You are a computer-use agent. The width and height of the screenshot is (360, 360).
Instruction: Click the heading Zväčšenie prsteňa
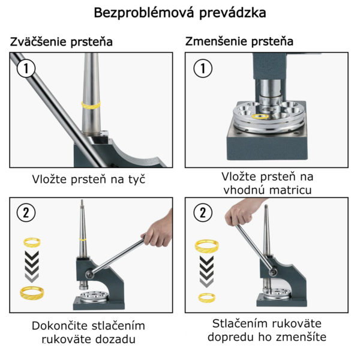pos(61,42)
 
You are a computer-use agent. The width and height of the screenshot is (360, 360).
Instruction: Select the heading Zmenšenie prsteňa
pos(239,41)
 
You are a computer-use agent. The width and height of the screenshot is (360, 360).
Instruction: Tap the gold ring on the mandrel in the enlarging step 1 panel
pos(91,105)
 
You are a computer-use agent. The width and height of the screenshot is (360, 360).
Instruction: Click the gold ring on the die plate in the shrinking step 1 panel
pos(260,116)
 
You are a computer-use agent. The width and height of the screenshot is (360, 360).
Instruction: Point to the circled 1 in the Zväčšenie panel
pos(26,68)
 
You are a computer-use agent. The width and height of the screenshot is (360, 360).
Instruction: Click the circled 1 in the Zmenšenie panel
pos(203,68)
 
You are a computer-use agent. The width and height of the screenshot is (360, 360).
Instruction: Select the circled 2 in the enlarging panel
pos(26,212)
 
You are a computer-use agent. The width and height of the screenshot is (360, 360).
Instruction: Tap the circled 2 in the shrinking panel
pos(203,212)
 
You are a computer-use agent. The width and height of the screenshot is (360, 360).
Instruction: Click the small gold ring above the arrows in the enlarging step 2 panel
pos(32,242)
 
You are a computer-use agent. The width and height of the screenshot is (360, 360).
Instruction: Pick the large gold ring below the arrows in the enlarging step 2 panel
pos(32,293)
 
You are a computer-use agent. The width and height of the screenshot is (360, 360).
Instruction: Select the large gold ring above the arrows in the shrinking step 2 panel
pos(206,246)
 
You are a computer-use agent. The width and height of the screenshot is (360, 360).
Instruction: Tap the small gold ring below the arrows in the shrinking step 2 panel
pos(206,298)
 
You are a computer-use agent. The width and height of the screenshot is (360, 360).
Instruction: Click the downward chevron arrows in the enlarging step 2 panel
pos(32,266)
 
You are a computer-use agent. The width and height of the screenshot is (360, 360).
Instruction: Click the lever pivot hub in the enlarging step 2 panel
pos(89,274)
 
